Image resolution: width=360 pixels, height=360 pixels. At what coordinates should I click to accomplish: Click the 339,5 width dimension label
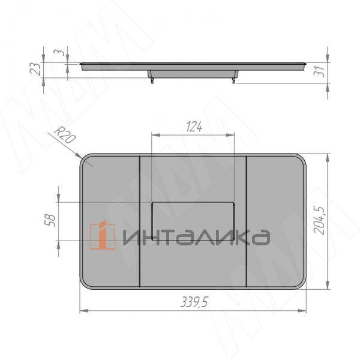[194, 302]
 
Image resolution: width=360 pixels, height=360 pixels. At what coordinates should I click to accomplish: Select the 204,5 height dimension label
[319, 220]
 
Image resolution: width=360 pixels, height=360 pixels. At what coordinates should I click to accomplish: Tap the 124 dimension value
[194, 127]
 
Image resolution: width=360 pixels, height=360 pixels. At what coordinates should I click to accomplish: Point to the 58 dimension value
[50, 220]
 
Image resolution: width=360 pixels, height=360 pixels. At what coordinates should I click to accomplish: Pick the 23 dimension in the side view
[35, 69]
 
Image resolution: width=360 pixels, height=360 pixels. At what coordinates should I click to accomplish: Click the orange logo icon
[103, 235]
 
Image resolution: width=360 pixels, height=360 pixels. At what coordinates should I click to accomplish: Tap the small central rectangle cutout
[193, 221]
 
